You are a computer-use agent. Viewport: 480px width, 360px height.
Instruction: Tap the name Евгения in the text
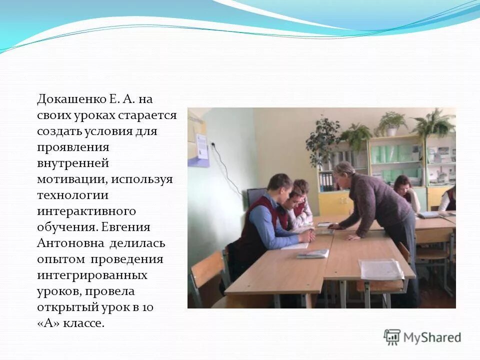coord(125,227)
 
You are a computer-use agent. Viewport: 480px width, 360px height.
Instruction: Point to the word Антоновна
coord(70,243)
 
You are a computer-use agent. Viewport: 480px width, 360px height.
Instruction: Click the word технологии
coord(72,195)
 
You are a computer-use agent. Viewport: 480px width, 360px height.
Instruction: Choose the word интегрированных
coord(92,275)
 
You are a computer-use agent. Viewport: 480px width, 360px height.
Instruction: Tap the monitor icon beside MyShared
coord(392,337)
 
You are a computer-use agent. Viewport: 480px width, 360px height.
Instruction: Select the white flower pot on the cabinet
coord(392,131)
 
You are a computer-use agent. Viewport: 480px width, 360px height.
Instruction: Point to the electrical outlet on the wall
coord(213,144)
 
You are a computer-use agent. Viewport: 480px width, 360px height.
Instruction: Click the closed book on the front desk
coord(313,253)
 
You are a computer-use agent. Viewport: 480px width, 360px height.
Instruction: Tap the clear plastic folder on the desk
coord(381,270)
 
